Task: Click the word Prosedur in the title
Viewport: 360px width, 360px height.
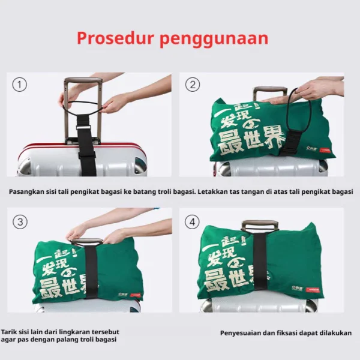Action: (114, 39)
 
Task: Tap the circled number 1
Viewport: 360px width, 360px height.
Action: (20, 85)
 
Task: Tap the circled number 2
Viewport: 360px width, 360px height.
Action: (193, 85)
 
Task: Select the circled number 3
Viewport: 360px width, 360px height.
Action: (20, 222)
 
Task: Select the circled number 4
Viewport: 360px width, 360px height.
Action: (193, 222)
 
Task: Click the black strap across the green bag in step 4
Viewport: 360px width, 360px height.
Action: (259, 264)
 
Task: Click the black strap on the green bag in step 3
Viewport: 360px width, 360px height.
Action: (90, 273)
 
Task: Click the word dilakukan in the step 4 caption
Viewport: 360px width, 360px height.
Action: (334, 333)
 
